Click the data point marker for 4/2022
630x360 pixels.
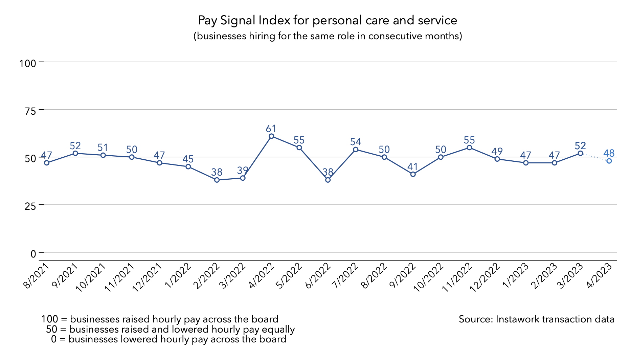271,136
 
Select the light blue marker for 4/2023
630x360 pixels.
609,161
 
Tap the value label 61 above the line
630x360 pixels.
271,129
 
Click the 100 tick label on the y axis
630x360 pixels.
28,63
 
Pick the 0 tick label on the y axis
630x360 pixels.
33,253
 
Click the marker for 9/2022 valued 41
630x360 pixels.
413,174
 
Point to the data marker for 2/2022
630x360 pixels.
217,180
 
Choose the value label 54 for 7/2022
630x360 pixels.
356,142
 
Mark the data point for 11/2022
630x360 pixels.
469,148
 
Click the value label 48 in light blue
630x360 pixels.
609,153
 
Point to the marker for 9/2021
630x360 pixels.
75,153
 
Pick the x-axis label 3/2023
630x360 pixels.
571,276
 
